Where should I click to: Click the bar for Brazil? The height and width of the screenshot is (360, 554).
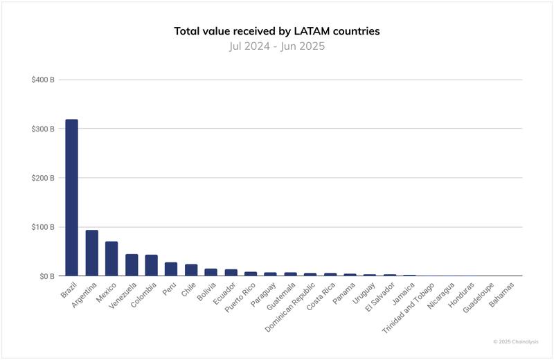click(71, 197)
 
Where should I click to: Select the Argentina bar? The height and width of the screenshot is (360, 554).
click(91, 253)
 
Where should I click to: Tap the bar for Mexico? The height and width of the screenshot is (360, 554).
click(111, 258)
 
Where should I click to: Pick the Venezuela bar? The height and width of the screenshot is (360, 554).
click(132, 264)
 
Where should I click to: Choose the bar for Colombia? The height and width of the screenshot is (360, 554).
click(151, 265)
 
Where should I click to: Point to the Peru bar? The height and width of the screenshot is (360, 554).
click(171, 269)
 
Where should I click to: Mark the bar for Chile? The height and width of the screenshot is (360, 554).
click(191, 270)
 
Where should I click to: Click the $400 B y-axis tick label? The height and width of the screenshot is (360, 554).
click(43, 80)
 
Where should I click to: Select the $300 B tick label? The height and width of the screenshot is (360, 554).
click(43, 129)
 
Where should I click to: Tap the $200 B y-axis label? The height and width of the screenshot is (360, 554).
click(43, 178)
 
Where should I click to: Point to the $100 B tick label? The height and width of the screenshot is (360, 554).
click(43, 227)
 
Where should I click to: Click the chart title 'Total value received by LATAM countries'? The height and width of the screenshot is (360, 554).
click(277, 32)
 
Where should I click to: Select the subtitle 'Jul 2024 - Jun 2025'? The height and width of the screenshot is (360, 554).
click(277, 47)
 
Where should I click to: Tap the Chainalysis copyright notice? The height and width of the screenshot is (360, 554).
click(515, 341)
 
